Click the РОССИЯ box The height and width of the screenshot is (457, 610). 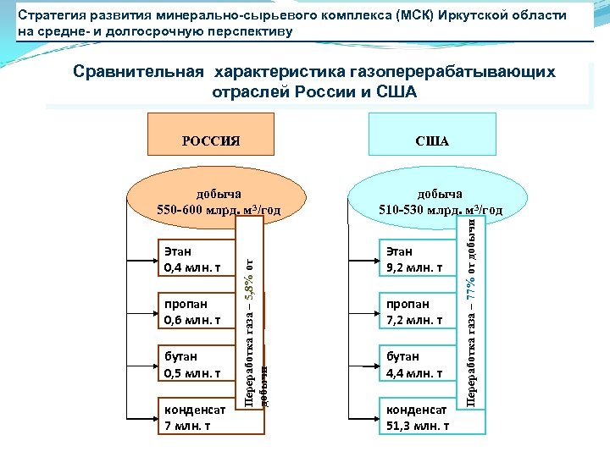[x=213, y=140]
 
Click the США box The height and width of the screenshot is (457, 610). [x=432, y=140]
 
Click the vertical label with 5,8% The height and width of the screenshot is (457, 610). [x=250, y=313]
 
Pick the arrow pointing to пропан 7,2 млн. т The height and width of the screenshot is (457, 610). [x=363, y=311]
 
